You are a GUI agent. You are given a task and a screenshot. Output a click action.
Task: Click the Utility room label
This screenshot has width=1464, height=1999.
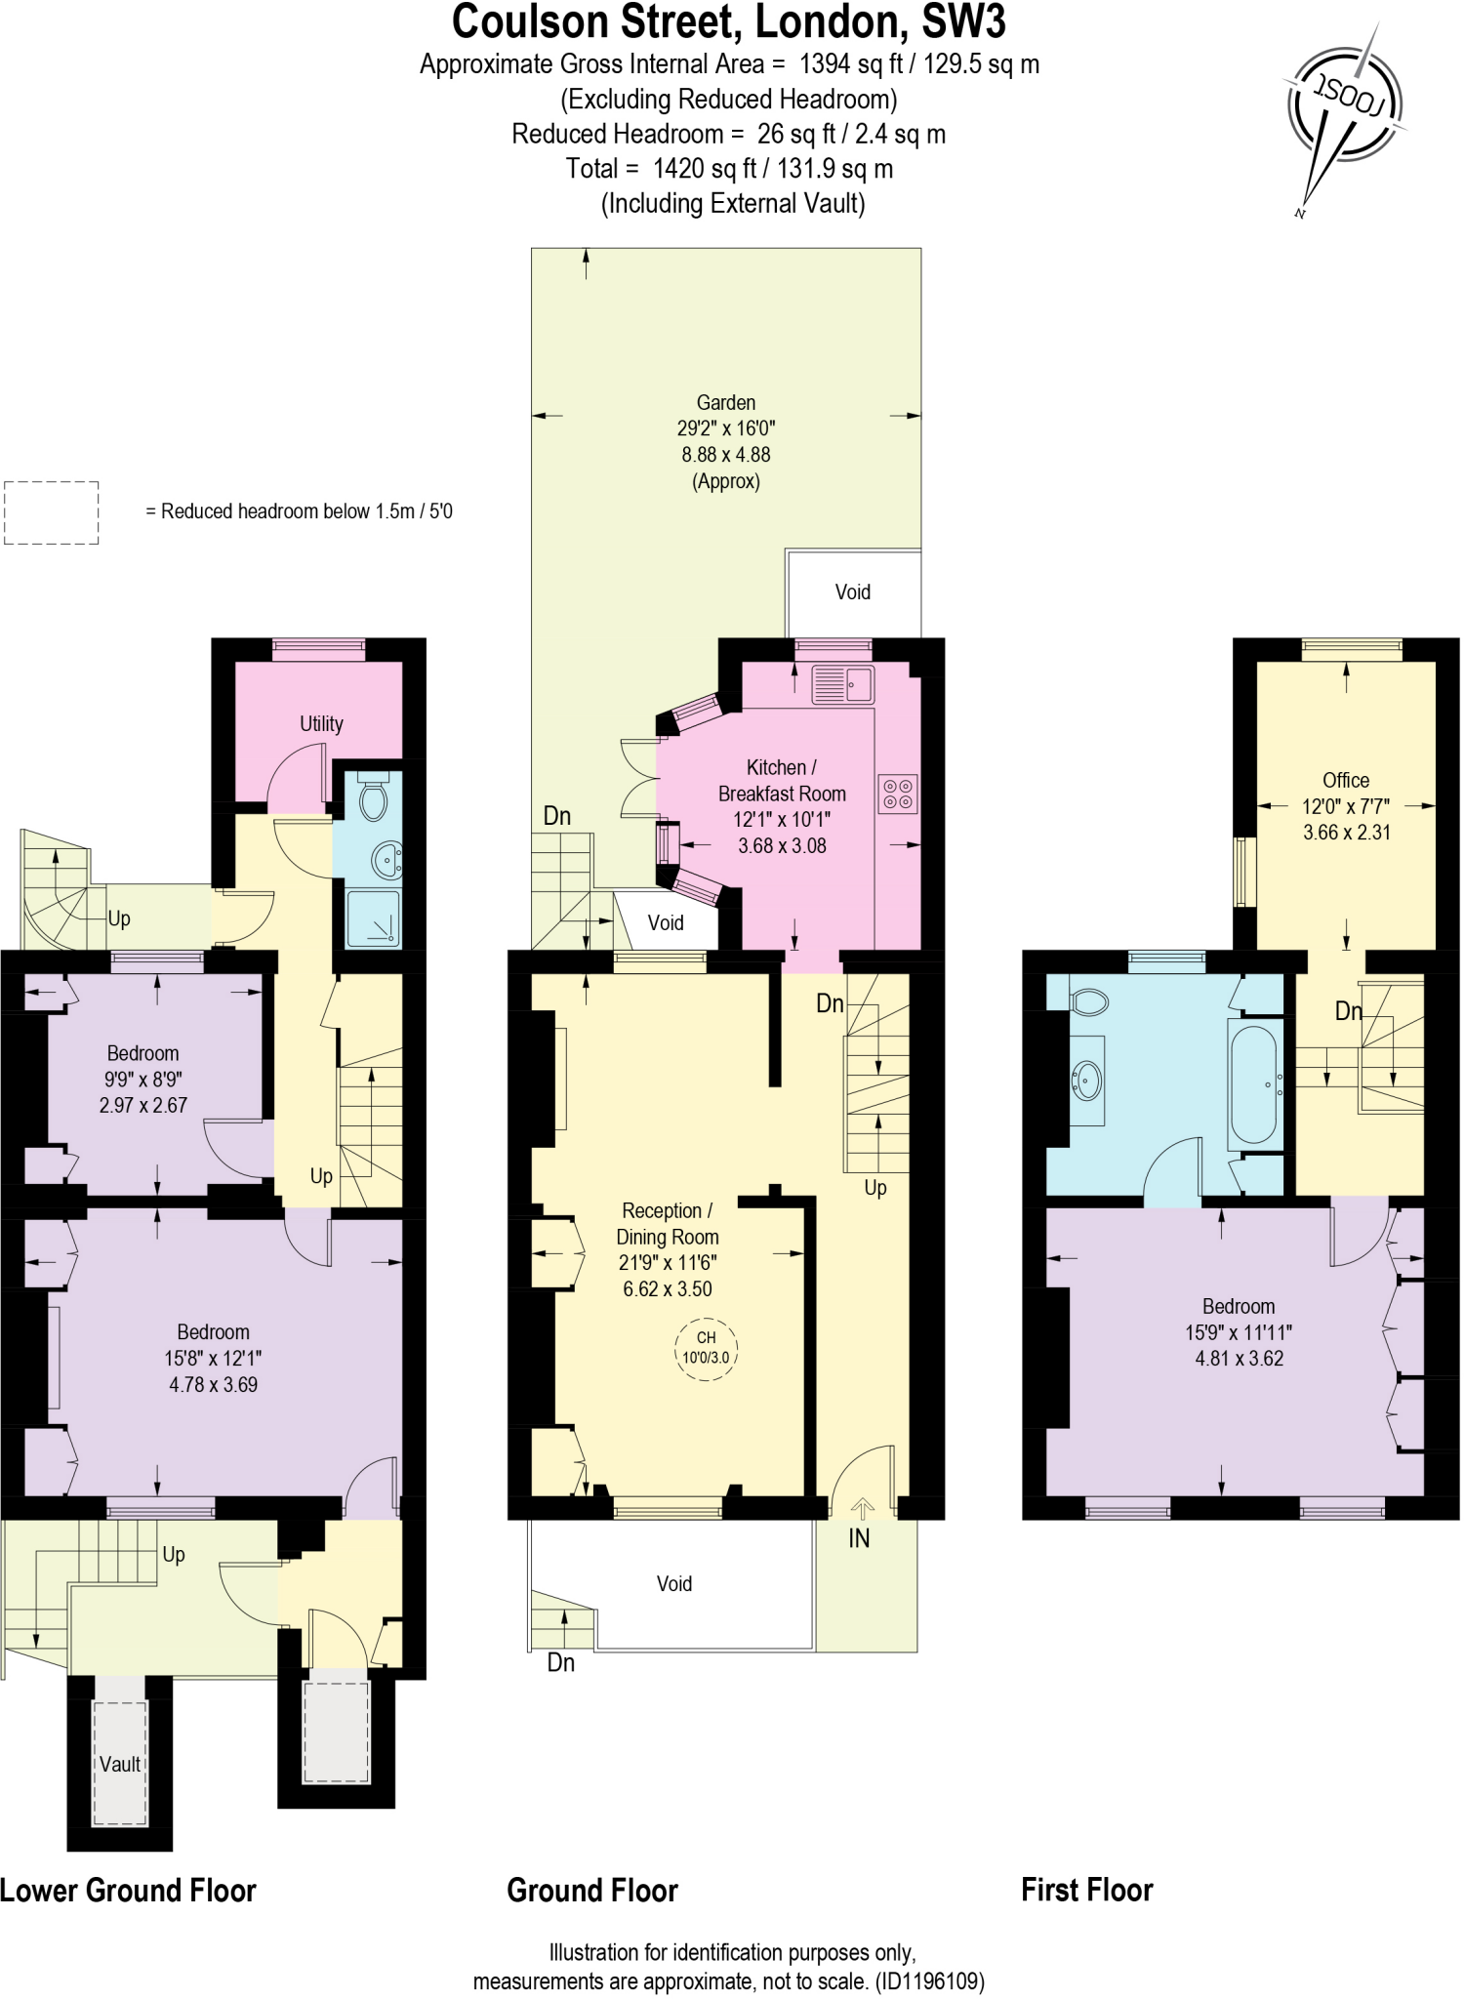tap(321, 723)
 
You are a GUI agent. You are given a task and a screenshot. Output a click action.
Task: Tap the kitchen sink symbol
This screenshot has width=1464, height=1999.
tap(843, 684)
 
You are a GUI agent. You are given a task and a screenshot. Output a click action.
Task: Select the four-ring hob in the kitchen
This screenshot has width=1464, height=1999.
tap(898, 794)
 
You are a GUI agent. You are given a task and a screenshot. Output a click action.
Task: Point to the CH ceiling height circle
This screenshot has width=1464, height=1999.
tap(706, 1348)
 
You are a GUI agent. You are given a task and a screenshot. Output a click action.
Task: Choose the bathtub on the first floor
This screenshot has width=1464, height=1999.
tap(1254, 1083)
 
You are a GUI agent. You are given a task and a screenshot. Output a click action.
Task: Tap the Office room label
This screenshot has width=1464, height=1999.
tap(1345, 780)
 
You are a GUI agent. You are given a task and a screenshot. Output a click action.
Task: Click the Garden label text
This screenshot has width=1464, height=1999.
tap(725, 402)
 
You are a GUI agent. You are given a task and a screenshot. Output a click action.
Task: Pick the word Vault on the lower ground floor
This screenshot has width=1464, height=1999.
tap(120, 1764)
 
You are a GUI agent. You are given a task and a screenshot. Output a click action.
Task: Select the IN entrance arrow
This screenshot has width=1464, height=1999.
tap(862, 1509)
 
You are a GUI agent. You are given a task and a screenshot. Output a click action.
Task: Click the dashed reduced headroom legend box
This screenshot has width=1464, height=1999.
tap(52, 512)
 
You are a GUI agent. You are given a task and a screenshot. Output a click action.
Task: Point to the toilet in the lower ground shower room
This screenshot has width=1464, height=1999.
tap(373, 798)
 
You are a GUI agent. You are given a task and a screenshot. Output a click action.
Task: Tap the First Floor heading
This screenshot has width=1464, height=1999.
tap(1086, 1890)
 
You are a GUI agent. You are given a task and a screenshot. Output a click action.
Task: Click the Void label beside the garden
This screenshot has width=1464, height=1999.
tap(852, 592)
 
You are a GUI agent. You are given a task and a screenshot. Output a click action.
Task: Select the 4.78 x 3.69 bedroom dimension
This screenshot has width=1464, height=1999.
tap(213, 1384)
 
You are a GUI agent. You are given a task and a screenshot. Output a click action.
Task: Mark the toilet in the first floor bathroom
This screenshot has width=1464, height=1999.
tap(1089, 1001)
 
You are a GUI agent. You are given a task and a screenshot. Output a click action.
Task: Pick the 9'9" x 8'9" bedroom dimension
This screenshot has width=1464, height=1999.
tap(142, 1079)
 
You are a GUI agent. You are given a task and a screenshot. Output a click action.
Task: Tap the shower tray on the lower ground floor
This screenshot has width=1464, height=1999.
tap(373, 918)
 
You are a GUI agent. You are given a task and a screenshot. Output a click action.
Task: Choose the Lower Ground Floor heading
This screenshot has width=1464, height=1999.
tap(128, 1890)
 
